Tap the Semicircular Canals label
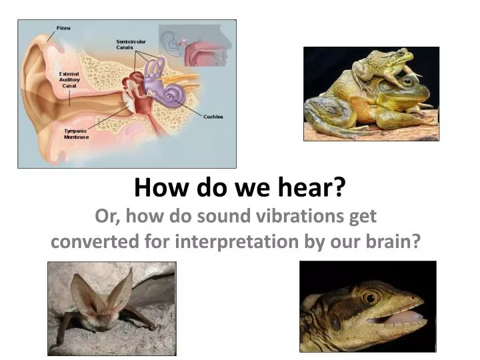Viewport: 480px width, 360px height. click(130, 45)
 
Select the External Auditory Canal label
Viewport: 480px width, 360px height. click(69, 79)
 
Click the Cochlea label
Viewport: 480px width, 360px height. click(213, 117)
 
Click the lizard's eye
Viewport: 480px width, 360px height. click(369, 297)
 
